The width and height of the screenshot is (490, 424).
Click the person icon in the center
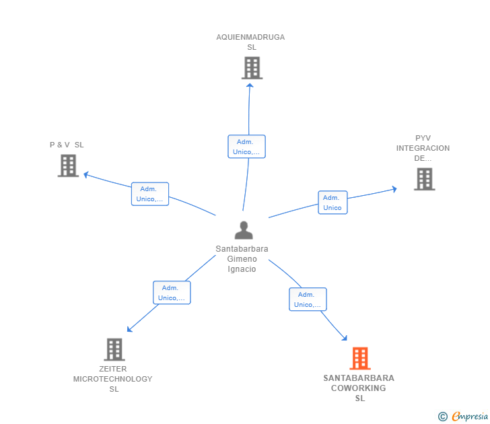tap(244, 230)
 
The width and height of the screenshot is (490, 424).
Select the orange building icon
tap(360, 359)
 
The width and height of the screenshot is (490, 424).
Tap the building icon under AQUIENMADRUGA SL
tap(252, 68)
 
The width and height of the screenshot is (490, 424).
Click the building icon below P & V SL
tap(68, 166)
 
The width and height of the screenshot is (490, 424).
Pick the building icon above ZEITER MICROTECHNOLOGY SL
tap(114, 349)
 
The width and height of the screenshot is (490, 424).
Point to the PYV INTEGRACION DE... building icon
tap(424, 179)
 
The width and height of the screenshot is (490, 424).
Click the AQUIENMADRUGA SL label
tap(250, 42)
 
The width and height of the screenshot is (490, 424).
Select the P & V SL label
tap(67, 145)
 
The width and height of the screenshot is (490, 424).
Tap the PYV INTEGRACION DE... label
tap(423, 148)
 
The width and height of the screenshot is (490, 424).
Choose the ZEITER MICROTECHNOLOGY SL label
tap(113, 379)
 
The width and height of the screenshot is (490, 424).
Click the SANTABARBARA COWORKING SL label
tap(359, 388)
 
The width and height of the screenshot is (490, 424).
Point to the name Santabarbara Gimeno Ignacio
tap(242, 258)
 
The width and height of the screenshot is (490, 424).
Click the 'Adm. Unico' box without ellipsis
tap(332, 203)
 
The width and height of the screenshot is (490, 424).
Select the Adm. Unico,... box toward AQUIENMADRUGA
tap(246, 147)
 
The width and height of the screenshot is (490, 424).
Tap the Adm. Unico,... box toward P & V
tap(150, 194)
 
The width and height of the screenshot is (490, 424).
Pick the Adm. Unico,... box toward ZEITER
tap(172, 293)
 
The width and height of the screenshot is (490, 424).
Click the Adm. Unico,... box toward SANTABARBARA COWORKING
tap(308, 299)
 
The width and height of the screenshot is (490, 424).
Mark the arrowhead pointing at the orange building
tap(345, 337)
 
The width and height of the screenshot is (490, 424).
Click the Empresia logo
tap(470, 417)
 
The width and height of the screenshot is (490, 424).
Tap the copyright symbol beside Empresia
tap(443, 417)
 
